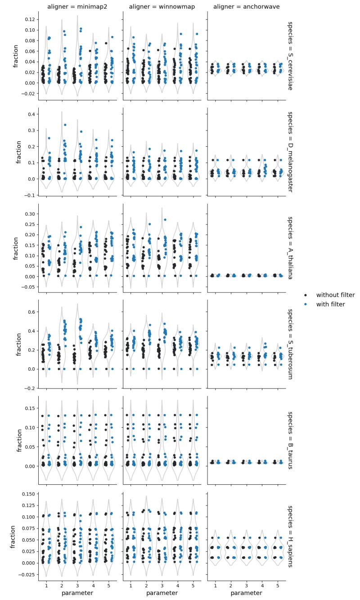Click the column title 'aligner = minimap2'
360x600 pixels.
click(x=77, y=6)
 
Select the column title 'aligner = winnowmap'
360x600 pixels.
click(x=162, y=6)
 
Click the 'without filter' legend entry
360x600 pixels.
click(x=335, y=295)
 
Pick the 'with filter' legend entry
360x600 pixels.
click(x=330, y=304)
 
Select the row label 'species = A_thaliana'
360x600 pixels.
click(x=290, y=248)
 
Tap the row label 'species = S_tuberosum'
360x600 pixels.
click(x=290, y=344)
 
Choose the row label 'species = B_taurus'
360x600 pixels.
click(x=290, y=440)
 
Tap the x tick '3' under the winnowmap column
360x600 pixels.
click(x=162, y=584)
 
